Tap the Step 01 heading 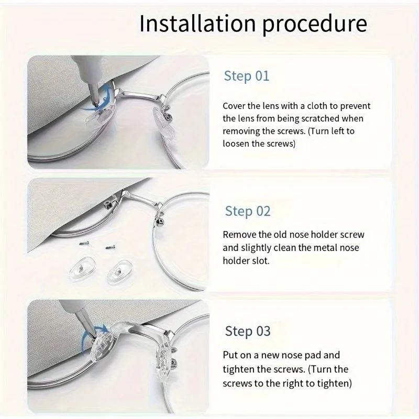coord(246,76)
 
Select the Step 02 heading coord(247,212)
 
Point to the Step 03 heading coord(247,331)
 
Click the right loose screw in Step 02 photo coord(111,246)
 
